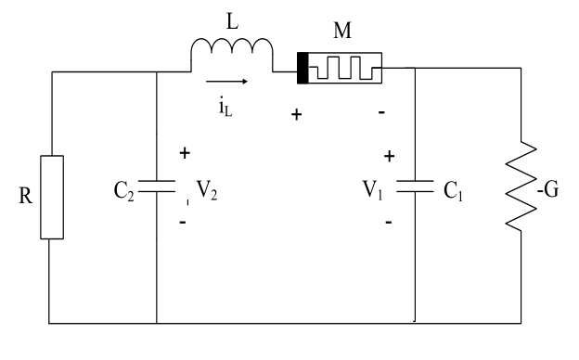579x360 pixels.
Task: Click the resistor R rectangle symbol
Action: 51,198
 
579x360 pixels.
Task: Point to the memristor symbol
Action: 339,68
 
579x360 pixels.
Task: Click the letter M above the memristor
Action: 341,32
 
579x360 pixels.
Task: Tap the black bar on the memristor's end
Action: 302,68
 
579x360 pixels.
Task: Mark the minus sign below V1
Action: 388,223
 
